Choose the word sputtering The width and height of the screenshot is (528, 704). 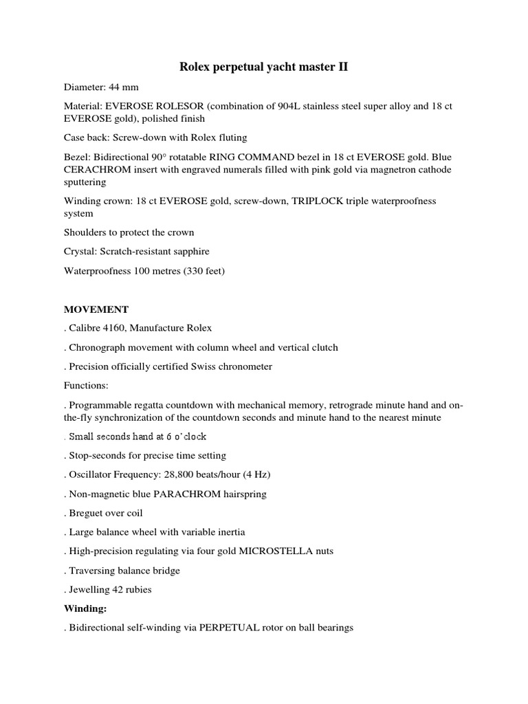(85, 182)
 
